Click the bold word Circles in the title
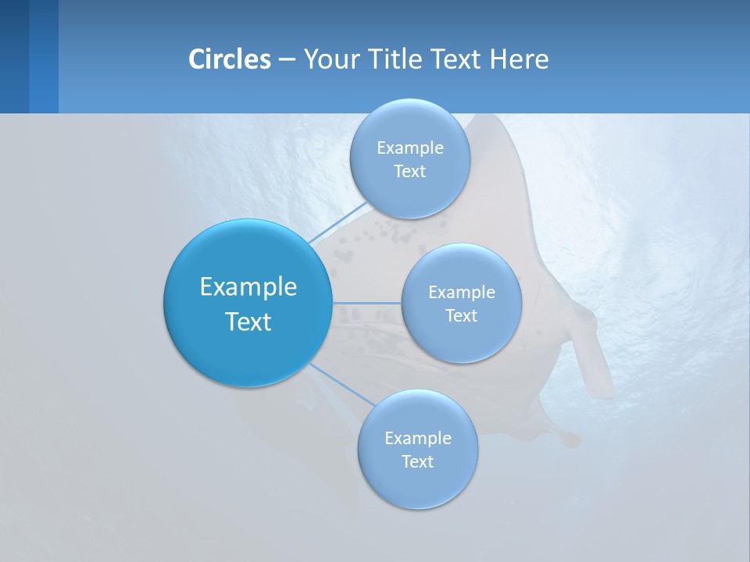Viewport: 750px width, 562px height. click(x=229, y=59)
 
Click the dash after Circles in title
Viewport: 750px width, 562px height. click(x=286, y=60)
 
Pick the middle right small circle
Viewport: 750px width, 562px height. click(x=461, y=340)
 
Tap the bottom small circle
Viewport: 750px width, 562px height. click(x=417, y=484)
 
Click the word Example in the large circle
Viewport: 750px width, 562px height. click(x=248, y=287)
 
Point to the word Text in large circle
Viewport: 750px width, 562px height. click(x=248, y=322)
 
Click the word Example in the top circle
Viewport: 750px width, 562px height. click(x=410, y=148)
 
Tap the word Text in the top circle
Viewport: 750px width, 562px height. click(x=409, y=172)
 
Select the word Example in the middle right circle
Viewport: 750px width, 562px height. click(x=462, y=293)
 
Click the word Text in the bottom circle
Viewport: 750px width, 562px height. click(x=417, y=461)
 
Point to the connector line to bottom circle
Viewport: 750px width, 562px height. click(x=341, y=384)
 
